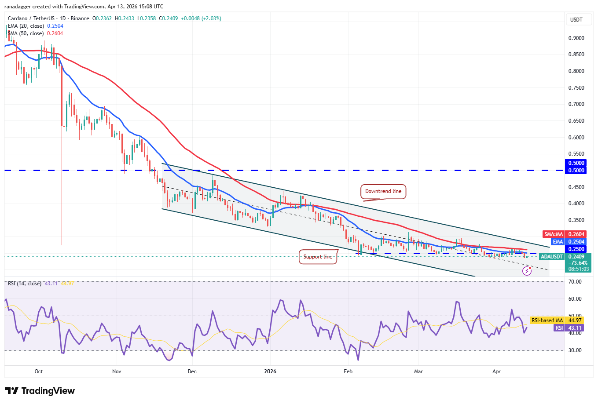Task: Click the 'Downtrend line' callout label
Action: [x=383, y=191]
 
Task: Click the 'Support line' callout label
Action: [x=318, y=257]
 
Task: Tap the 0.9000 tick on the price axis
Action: [x=576, y=38]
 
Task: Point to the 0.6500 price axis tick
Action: [x=576, y=121]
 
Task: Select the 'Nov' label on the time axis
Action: [x=117, y=371]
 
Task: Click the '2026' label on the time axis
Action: [x=270, y=371]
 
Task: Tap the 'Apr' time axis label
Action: [x=496, y=371]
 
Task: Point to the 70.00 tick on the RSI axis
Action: [x=575, y=282]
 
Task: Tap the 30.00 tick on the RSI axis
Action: [x=575, y=350]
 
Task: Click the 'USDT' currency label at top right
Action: [x=576, y=20]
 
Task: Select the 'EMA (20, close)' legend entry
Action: [x=26, y=26]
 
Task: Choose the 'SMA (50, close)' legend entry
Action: [x=26, y=33]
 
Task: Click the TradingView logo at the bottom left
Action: [x=40, y=391]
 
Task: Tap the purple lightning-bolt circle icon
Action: [x=527, y=271]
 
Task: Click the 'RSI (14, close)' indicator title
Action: [x=25, y=284]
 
